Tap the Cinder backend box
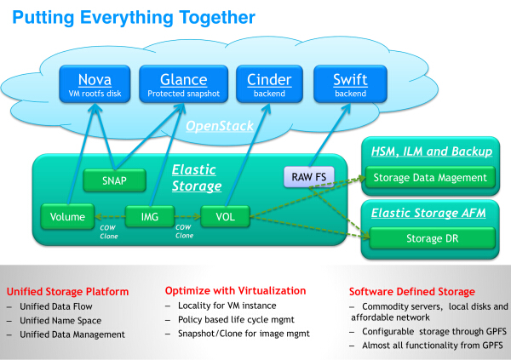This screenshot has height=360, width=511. (x=268, y=85)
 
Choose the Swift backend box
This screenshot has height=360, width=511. (x=351, y=85)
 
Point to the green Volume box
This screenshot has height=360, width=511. (x=67, y=217)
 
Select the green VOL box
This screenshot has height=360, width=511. (x=225, y=217)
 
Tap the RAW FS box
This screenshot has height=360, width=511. (x=308, y=177)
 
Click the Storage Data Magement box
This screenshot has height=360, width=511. (x=432, y=177)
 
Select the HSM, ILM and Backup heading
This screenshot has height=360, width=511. (x=431, y=151)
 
